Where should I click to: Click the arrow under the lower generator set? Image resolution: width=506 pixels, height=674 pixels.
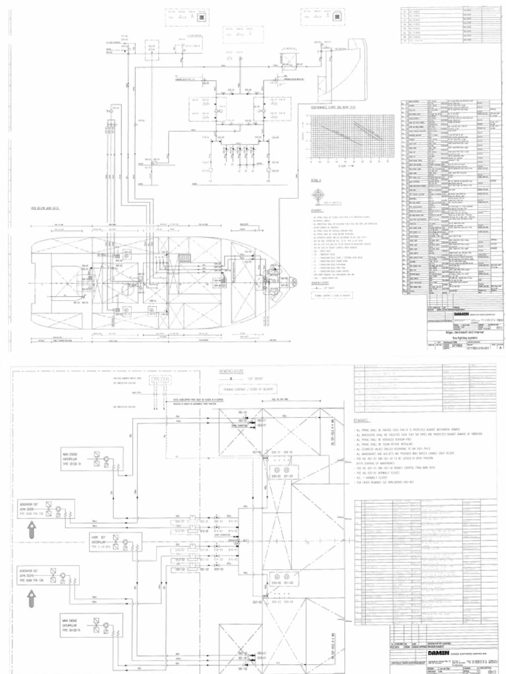(x=29, y=600)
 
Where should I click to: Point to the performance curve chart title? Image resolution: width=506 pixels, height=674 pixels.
(x=333, y=106)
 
